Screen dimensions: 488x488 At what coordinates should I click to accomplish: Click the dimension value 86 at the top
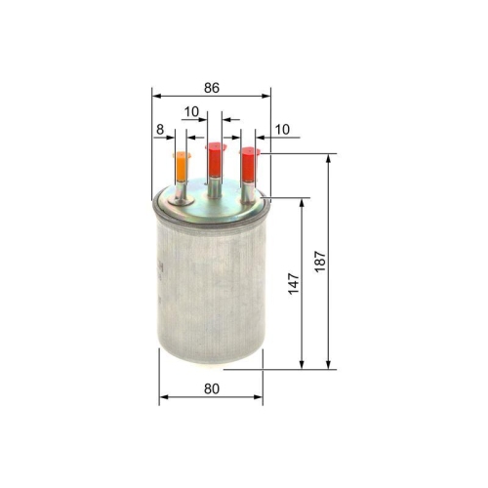point(212,88)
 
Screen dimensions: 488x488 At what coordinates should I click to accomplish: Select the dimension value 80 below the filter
point(211,388)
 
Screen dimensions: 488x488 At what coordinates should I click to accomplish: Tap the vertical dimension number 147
point(294,283)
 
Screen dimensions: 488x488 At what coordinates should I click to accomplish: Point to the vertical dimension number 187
point(319,262)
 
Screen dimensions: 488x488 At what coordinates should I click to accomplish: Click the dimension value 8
point(159,128)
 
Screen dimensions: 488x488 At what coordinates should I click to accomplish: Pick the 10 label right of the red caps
point(283,128)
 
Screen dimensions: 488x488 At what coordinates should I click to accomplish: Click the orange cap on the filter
point(181,166)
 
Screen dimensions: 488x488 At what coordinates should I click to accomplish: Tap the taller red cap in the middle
point(215,157)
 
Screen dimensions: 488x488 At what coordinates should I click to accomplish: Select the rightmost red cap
point(249,163)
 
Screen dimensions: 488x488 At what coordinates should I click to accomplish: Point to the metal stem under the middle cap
point(215,184)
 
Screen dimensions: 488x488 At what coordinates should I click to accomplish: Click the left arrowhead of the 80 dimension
point(162,397)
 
